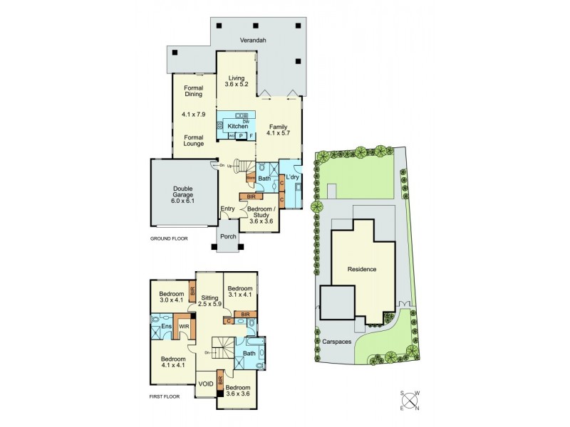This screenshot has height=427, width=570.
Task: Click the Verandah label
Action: pyautogui.click(x=253, y=41)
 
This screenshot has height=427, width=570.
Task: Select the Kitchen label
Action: pyautogui.click(x=238, y=126)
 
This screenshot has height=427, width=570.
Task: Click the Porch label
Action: pyautogui.click(x=228, y=237)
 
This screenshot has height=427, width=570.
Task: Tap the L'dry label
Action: pyautogui.click(x=292, y=176)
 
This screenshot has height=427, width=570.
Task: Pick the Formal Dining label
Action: pyautogui.click(x=193, y=90)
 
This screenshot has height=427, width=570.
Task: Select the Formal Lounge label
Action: pyautogui.click(x=193, y=140)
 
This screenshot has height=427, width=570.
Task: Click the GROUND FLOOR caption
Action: pyautogui.click(x=169, y=238)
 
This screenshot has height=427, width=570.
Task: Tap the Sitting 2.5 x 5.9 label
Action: pyautogui.click(x=209, y=302)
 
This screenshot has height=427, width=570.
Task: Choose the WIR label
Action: pyautogui.click(x=184, y=327)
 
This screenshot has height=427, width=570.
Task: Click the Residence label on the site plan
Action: pyautogui.click(x=361, y=270)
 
